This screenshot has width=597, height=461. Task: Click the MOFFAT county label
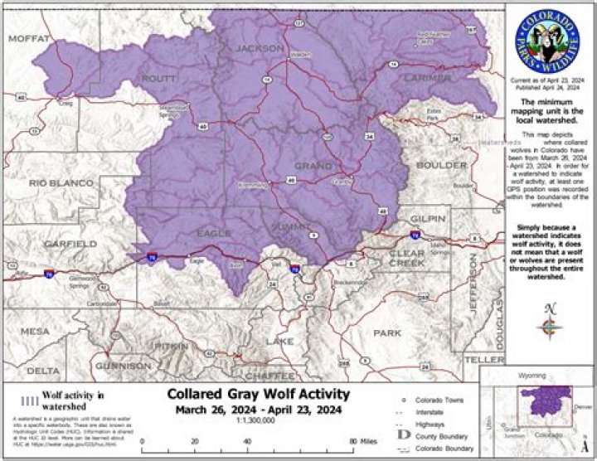click(x=29, y=37)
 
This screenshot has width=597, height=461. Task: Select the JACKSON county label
click(x=260, y=49)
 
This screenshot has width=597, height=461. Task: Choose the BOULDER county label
click(x=441, y=165)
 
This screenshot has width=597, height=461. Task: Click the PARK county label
click(x=386, y=332)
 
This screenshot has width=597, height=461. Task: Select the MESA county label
click(x=36, y=332)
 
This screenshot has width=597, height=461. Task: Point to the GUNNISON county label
click(x=123, y=365)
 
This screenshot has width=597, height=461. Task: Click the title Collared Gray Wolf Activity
click(x=258, y=394)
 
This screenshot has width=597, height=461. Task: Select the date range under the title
click(x=258, y=410)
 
